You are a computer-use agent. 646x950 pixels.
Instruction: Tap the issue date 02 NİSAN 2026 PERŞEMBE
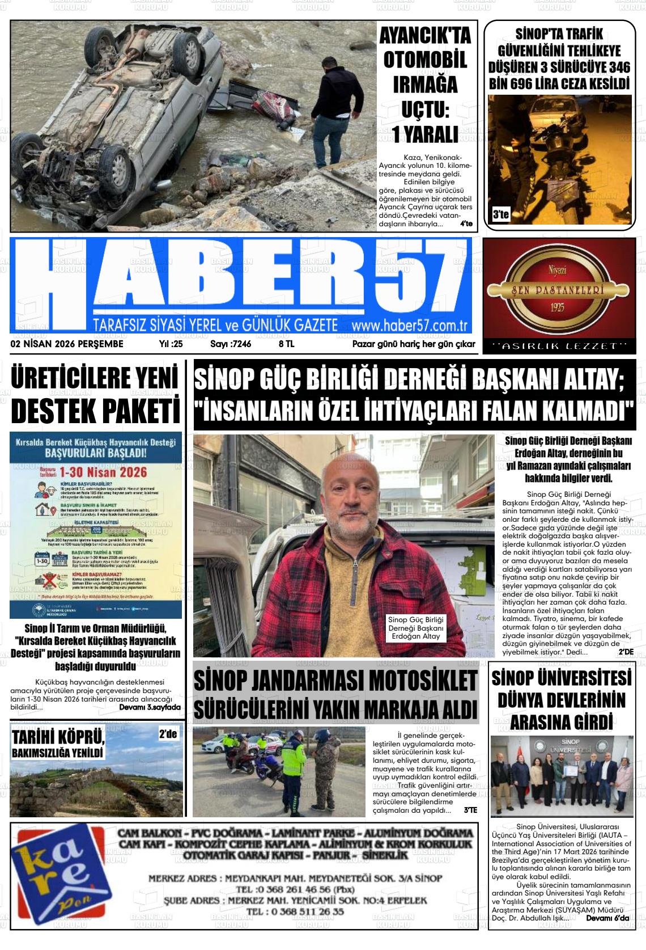[67, 344]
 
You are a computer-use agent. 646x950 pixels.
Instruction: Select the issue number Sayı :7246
[231, 344]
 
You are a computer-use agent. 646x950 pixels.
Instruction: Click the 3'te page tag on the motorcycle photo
[501, 215]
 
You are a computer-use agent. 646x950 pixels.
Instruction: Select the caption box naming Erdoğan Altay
[415, 628]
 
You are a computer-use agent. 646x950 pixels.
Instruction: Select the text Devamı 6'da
[607, 918]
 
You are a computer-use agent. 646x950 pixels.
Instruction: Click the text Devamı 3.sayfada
[150, 707]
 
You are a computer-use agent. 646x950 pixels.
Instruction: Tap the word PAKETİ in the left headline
[137, 410]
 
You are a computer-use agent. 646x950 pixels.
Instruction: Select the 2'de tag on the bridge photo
[168, 734]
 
